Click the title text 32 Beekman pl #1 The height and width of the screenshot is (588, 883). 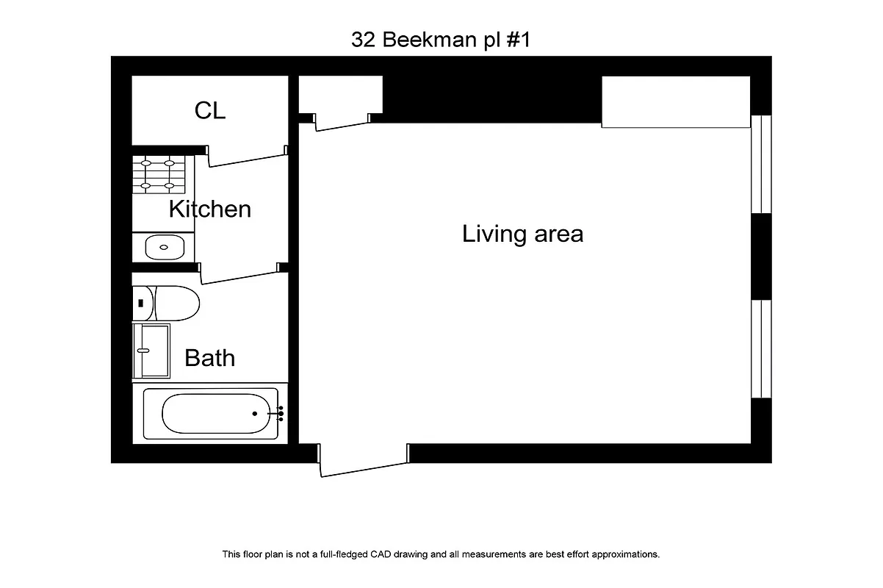(x=441, y=40)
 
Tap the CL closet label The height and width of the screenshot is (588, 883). (x=210, y=110)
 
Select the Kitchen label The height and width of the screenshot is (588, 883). (x=210, y=209)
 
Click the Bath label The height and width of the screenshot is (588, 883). (x=210, y=358)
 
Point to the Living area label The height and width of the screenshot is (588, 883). (x=522, y=234)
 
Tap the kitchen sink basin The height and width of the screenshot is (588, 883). (x=164, y=246)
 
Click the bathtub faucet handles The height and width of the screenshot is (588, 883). (x=280, y=414)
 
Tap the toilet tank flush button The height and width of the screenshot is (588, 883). (x=140, y=303)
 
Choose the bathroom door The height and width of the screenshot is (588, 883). (x=240, y=273)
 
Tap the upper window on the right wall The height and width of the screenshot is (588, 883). (x=762, y=164)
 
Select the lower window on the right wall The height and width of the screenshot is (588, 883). (x=762, y=348)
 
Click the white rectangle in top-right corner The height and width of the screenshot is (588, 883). (x=675, y=101)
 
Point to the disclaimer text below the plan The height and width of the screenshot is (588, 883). (x=441, y=554)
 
